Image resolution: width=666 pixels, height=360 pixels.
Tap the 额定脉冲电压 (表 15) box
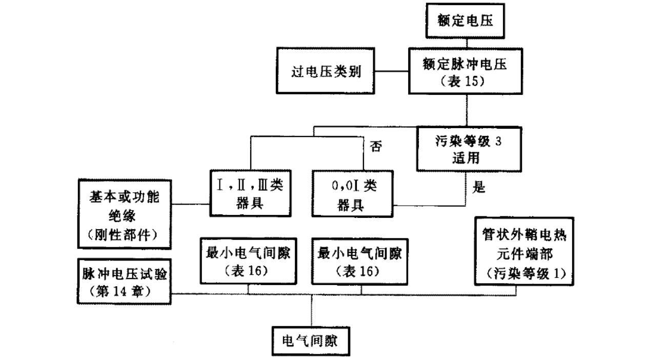(466, 71)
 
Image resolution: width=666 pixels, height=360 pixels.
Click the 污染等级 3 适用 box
(465, 149)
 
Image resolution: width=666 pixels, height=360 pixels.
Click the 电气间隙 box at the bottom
(311, 341)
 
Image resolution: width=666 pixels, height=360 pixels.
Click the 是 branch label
(478, 188)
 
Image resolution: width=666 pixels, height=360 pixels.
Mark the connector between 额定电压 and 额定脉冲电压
(466, 42)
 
